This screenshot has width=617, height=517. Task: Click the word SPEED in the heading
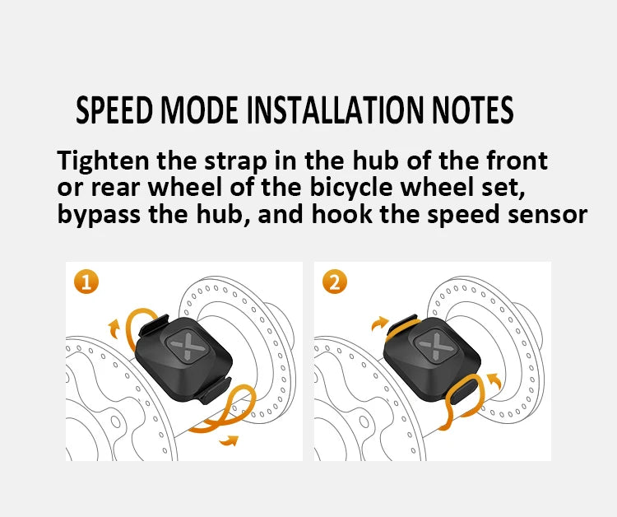(114, 110)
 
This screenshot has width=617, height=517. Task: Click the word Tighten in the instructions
(99, 160)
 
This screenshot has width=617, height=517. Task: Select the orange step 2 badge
(333, 282)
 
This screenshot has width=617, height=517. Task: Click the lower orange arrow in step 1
(230, 442)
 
